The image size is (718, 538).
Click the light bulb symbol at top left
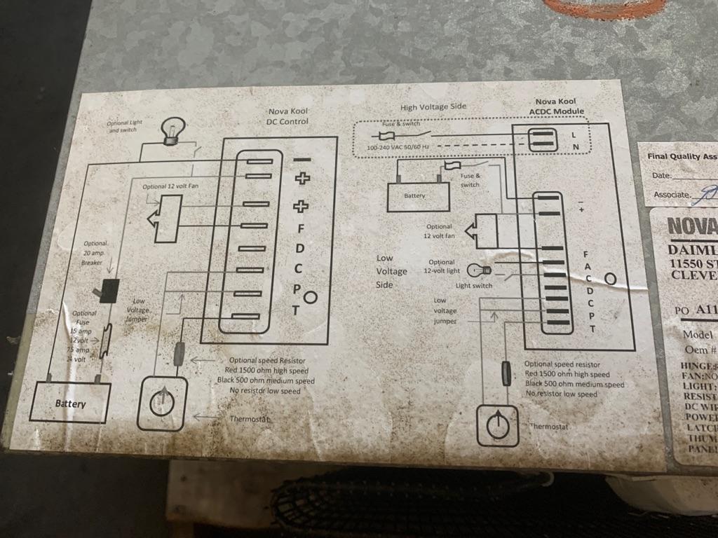(170, 131)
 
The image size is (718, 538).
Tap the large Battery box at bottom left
(71, 403)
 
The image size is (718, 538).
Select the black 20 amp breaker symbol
(109, 290)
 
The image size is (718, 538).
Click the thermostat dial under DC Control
(162, 403)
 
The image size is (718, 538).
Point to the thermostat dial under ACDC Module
(497, 425)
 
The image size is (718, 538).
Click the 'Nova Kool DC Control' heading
(287, 116)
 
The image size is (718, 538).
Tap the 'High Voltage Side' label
(433, 107)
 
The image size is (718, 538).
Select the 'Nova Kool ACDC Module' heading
(560, 106)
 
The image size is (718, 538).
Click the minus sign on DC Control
(302, 160)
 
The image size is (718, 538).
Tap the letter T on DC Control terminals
(296, 310)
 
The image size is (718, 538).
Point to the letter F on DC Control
(300, 228)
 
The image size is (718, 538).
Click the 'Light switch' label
(474, 285)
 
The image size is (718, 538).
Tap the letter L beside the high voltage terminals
(574, 134)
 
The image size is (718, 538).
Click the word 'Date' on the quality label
(661, 175)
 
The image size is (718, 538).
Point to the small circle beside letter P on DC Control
(311, 298)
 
